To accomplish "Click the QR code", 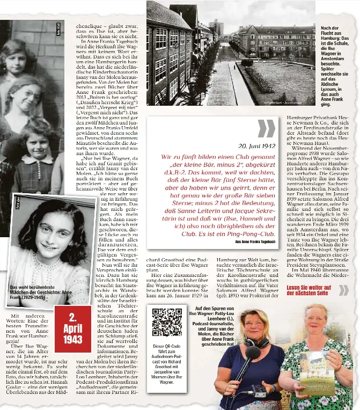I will pos(166,322).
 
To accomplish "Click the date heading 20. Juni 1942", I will pos(257,146).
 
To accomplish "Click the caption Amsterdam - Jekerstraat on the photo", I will pos(283,101).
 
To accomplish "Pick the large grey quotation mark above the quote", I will pos(266,128).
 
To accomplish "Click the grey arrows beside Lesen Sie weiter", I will pos(343,290).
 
